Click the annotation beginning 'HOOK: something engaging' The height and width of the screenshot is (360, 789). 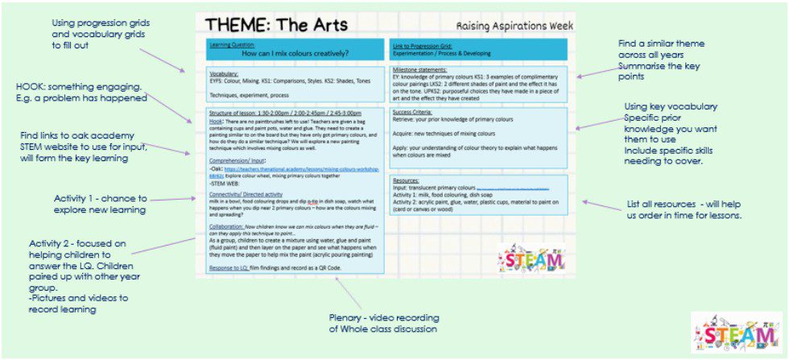coord(82,93)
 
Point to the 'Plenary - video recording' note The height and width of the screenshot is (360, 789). coord(384,323)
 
